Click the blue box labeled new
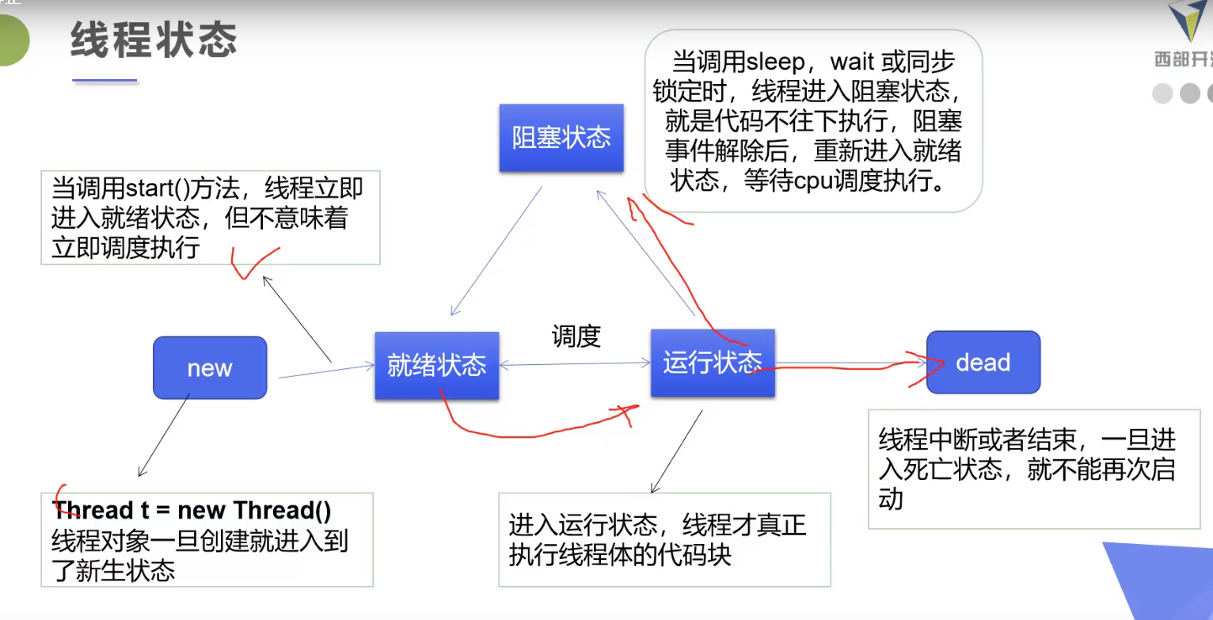point(210,367)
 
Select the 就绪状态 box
point(436,365)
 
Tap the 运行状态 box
point(713,363)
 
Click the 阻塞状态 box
point(561,138)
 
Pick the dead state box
point(983,363)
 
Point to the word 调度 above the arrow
point(576,337)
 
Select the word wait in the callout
point(857,62)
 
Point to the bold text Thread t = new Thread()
point(192,511)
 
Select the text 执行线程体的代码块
point(620,554)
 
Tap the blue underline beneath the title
point(105,80)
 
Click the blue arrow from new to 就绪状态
point(325,371)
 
